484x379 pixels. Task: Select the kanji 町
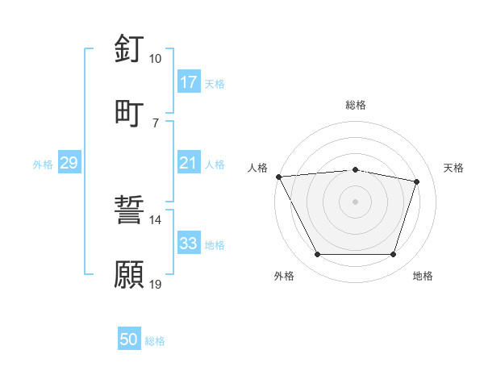[129, 112]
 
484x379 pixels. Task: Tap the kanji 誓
[129, 210]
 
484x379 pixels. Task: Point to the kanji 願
[129, 274]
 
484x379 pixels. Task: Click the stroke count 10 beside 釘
[155, 59]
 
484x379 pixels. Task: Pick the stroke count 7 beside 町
[155, 123]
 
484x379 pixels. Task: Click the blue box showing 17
[188, 82]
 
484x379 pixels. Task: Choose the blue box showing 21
[188, 164]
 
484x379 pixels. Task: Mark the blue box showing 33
[188, 244]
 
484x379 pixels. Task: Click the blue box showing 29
[69, 164]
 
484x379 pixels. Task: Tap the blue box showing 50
[129, 340]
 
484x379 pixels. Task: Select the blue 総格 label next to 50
[155, 341]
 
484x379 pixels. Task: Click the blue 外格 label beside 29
[43, 165]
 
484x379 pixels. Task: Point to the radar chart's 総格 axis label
[356, 105]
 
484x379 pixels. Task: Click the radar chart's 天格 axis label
[454, 168]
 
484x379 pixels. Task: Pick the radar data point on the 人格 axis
[278, 177]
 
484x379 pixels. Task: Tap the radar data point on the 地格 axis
[393, 255]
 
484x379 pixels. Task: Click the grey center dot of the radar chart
[356, 202]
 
